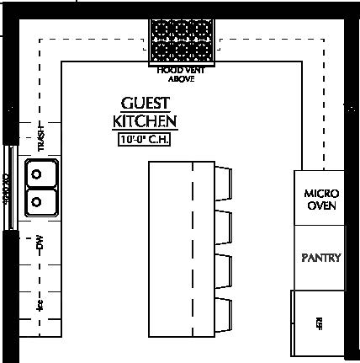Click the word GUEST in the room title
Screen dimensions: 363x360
[146, 103]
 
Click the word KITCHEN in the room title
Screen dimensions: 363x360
[146, 121]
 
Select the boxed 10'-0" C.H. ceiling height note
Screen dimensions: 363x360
[146, 141]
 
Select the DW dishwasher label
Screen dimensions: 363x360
[39, 246]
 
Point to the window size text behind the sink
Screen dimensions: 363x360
[6, 189]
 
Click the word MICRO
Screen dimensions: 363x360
[320, 193]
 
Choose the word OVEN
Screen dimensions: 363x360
[320, 206]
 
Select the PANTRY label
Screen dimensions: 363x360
[320, 257]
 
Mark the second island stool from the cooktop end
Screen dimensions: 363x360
[223, 230]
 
